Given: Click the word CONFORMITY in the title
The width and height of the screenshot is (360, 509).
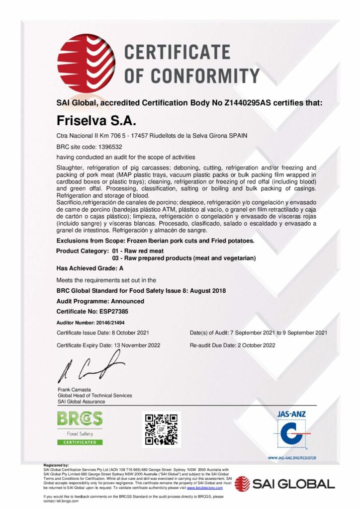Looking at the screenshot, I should tap(191, 76).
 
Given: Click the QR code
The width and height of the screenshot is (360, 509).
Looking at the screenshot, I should tap(161, 429).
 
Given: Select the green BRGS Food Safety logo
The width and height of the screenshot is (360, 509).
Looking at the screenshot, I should tap(80, 427).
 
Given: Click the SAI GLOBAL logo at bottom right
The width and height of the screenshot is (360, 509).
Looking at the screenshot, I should tap(285, 483).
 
